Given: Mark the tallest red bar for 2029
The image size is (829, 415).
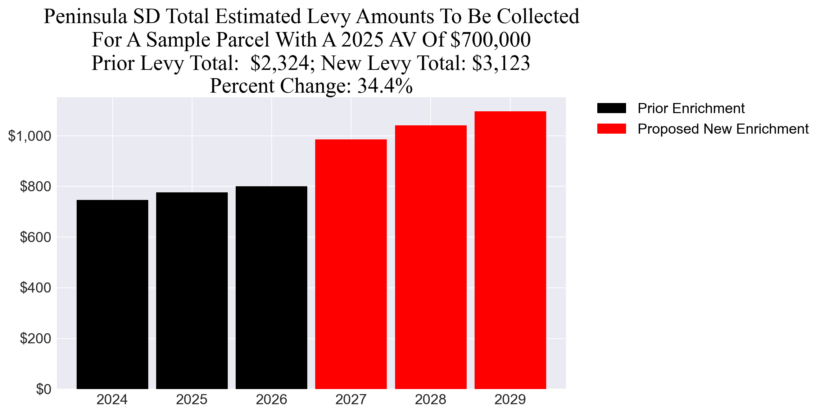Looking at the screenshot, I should point(510,250).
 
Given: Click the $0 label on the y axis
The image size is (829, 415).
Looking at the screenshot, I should point(43,389).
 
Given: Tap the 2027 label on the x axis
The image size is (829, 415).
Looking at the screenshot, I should point(351,400).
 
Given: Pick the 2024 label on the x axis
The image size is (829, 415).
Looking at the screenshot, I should point(112,400).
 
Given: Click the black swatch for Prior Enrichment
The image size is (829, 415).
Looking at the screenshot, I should point(611,108).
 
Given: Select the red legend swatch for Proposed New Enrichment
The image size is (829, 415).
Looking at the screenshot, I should point(611,129).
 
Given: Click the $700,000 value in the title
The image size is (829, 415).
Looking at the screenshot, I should point(490,40).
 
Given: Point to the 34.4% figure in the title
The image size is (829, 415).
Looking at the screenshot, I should point(385,86).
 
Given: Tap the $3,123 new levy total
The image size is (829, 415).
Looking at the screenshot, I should point(501,63).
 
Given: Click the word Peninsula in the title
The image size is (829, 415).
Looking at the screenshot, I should point(85,17).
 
